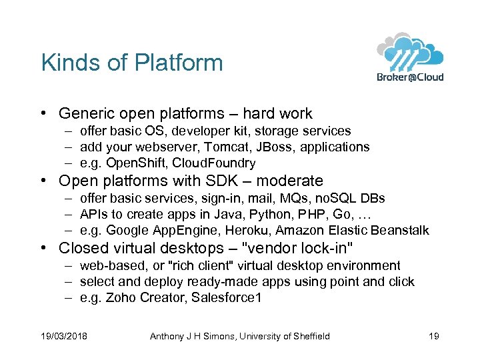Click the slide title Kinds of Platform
(132, 63)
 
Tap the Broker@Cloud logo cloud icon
(409, 51)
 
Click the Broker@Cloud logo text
(409, 77)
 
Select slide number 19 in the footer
(433, 336)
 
